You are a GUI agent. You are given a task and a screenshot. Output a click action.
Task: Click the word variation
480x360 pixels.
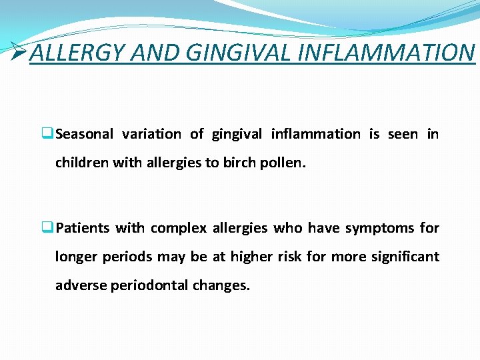[151, 134]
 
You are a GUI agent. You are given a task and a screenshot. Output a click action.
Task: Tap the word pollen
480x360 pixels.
[285, 162]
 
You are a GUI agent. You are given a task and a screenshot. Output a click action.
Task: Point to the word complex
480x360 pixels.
[179, 229]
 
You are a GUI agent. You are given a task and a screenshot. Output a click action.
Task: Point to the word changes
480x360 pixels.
[221, 285]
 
